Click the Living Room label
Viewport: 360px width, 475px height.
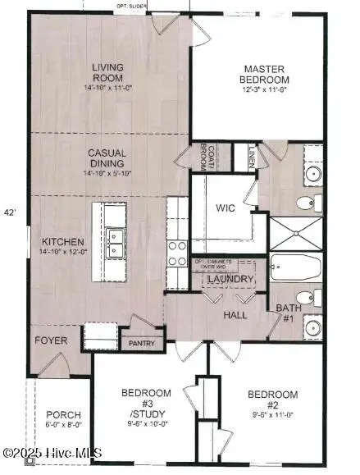tap(107, 76)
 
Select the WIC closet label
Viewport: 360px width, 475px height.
tap(226, 208)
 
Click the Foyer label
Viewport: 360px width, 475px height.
tap(49, 340)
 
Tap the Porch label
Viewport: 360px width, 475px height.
tap(62, 418)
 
